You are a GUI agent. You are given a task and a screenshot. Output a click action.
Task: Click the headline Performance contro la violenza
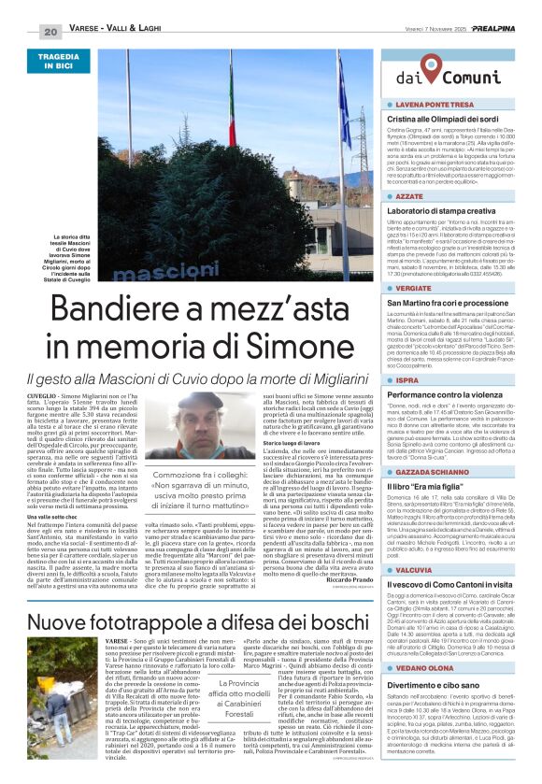pyautogui.click(x=452, y=395)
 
